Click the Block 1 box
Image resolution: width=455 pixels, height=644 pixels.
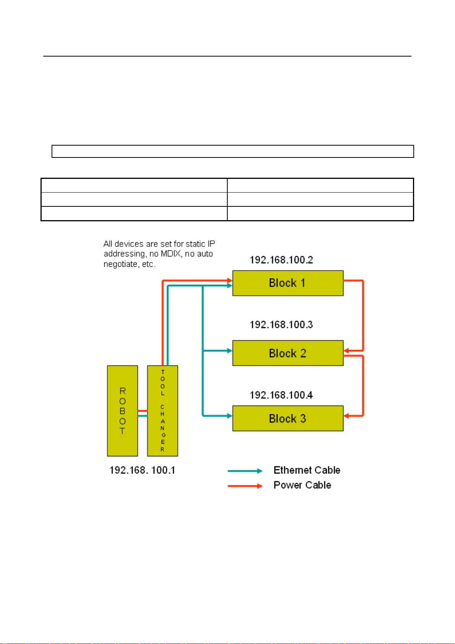click(288, 283)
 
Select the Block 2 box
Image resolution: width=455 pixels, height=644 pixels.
click(288, 353)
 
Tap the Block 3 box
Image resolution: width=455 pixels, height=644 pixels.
click(288, 419)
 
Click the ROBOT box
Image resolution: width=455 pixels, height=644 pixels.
click(122, 411)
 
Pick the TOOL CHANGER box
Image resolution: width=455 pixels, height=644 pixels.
click(162, 411)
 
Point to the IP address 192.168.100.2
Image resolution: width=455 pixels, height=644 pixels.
click(281, 260)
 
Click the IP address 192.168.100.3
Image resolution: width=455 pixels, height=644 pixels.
click(281, 325)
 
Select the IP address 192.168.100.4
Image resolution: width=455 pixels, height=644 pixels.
click(281, 395)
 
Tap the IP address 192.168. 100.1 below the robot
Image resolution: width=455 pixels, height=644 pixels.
click(142, 470)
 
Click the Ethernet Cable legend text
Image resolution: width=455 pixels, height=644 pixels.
click(307, 470)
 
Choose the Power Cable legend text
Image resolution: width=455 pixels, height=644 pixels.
click(302, 485)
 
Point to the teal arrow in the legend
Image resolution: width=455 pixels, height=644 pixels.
click(245, 471)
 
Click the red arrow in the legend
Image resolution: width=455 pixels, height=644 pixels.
click(245, 486)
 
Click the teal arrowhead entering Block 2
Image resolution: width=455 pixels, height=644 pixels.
click(230, 350)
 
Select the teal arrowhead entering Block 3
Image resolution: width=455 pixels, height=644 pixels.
click(230, 416)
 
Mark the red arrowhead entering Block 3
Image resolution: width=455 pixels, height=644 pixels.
click(347, 416)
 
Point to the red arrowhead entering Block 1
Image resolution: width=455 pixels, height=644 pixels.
click(230, 281)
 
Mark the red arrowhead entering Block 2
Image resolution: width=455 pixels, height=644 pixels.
click(347, 350)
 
